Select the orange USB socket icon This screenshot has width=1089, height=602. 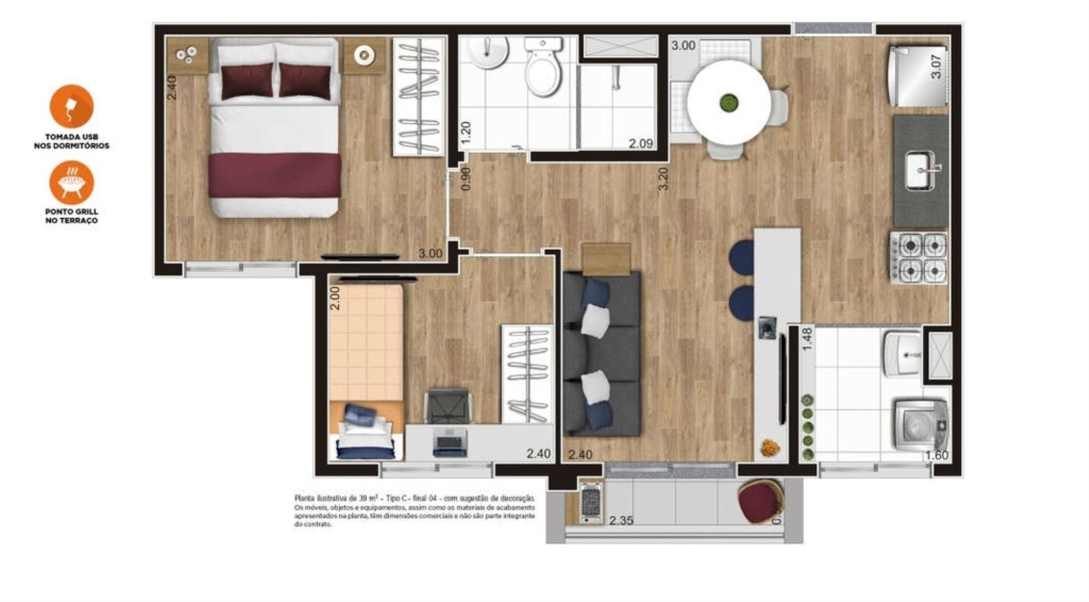[72, 106]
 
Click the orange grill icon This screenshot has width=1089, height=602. [72, 182]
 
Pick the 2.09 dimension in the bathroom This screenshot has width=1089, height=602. [640, 143]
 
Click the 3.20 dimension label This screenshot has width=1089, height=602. [663, 179]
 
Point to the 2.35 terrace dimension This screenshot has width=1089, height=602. [621, 521]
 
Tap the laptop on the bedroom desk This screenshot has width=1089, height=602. [450, 442]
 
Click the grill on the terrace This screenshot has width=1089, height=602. [590, 503]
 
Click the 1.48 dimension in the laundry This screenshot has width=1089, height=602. [807, 339]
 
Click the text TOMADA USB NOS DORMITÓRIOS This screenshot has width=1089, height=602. [72, 141]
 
